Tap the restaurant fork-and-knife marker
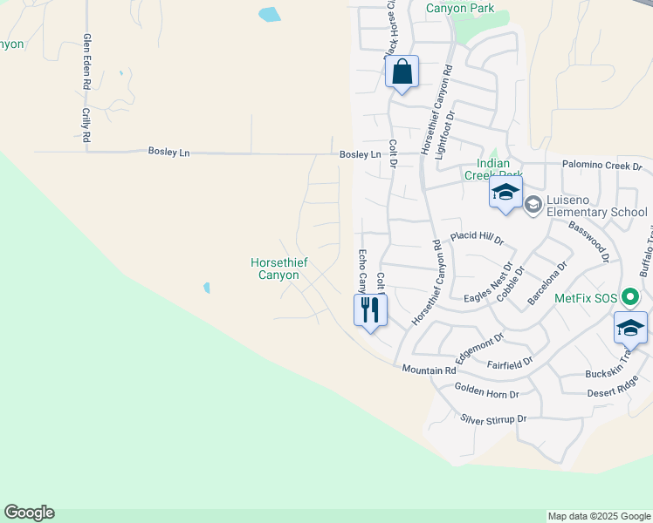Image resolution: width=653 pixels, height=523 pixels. pyautogui.click(x=370, y=310)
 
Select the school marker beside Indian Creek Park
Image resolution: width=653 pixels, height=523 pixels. pyautogui.click(x=505, y=194)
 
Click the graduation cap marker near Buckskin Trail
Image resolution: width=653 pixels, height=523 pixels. pyautogui.click(x=630, y=328)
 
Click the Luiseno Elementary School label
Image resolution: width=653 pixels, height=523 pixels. pyautogui.click(x=596, y=212)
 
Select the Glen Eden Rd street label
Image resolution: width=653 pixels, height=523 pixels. pyautogui.click(x=87, y=63)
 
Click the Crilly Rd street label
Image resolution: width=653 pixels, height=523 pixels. pyautogui.click(x=86, y=126)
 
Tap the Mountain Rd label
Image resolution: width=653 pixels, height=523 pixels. pyautogui.click(x=430, y=370)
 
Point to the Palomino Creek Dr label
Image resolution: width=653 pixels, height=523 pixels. pyautogui.click(x=601, y=166)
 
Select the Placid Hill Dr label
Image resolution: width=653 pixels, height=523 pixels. pyautogui.click(x=477, y=237)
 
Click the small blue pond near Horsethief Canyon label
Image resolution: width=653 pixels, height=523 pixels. pyautogui.click(x=207, y=287)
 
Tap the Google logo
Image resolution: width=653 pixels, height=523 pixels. pyautogui.click(x=29, y=513)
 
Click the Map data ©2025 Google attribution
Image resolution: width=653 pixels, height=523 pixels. pyautogui.click(x=599, y=516)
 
